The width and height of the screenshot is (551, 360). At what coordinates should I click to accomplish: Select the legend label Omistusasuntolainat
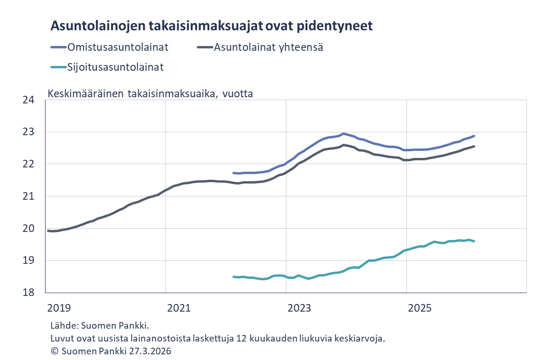pos(118,47)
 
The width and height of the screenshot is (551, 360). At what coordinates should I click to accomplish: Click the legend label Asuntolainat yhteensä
pos(268,47)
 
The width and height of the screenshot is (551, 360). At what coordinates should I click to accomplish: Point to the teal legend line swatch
pos(58,67)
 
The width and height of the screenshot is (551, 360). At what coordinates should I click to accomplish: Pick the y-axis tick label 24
pos(28,100)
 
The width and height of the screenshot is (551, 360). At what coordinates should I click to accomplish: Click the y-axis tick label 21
pos(28,196)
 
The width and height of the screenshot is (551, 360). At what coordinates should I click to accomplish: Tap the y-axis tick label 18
pos(28,292)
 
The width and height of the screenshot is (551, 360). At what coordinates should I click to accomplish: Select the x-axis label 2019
pos(59,308)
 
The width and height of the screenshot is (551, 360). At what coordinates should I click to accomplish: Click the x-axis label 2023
pos(299,308)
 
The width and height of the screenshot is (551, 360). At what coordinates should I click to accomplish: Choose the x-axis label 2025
pos(420,308)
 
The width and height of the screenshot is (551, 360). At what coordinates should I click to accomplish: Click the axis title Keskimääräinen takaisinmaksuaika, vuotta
pos(150,93)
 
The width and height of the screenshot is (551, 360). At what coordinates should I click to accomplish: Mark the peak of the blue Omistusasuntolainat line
pos(344,134)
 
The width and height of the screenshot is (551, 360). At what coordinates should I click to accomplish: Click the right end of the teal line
pos(474,241)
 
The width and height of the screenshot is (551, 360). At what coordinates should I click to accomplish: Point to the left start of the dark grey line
pos(48,231)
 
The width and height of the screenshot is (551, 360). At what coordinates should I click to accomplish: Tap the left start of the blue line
pos(233,173)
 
